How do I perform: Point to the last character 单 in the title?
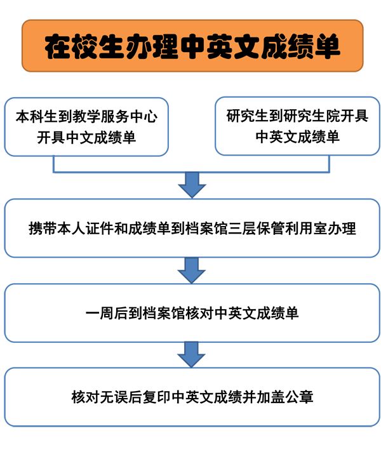coord(327,46)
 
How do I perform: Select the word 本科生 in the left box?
coord(36,117)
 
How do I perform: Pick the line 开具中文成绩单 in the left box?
coord(86,138)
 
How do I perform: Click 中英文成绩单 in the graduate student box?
coord(297,136)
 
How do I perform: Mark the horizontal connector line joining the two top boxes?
coord(191,172)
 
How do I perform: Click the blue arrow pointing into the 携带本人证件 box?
coord(192,185)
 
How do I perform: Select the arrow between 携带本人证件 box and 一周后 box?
coord(192,270)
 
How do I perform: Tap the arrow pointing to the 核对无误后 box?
coord(191,354)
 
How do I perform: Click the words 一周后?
coord(107,313)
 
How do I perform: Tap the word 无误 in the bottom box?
coord(114,397)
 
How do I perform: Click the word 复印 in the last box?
coord(157,397)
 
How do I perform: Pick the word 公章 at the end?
coord(299,397)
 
